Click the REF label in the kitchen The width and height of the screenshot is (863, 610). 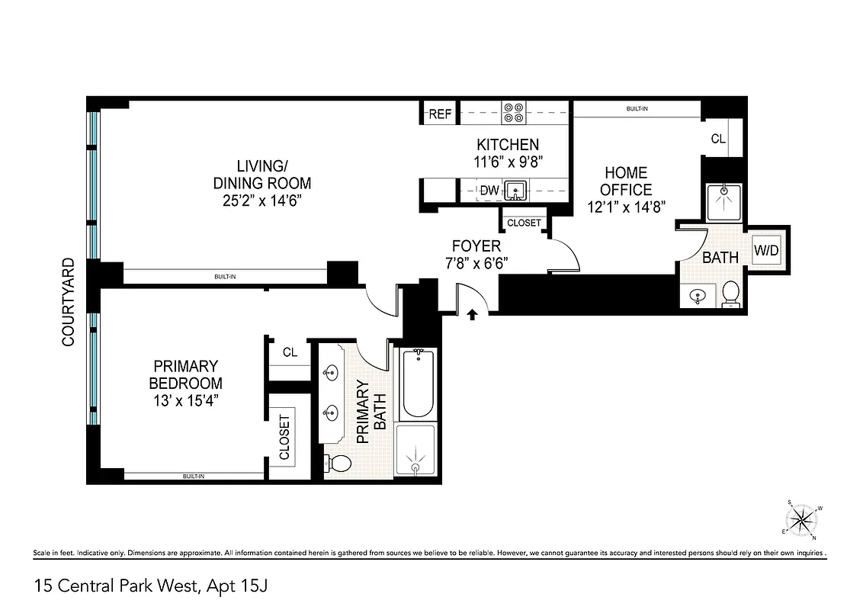(440, 114)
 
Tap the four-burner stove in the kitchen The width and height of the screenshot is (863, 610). (512, 113)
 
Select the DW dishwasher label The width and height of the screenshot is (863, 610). (489, 189)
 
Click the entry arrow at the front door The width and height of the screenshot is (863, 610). (473, 313)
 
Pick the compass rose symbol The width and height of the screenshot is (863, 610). (800, 521)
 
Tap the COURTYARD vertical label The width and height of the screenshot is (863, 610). (69, 302)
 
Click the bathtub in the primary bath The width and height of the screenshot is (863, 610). (415, 383)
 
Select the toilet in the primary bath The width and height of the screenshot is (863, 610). (338, 462)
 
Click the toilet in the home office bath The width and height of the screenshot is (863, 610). (730, 293)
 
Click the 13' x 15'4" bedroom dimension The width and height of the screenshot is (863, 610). (185, 401)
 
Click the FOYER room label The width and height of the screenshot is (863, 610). (476, 246)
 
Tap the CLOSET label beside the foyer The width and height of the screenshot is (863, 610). (523, 223)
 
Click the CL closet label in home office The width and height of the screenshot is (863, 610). (717, 139)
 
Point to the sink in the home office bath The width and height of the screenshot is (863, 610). (698, 295)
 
